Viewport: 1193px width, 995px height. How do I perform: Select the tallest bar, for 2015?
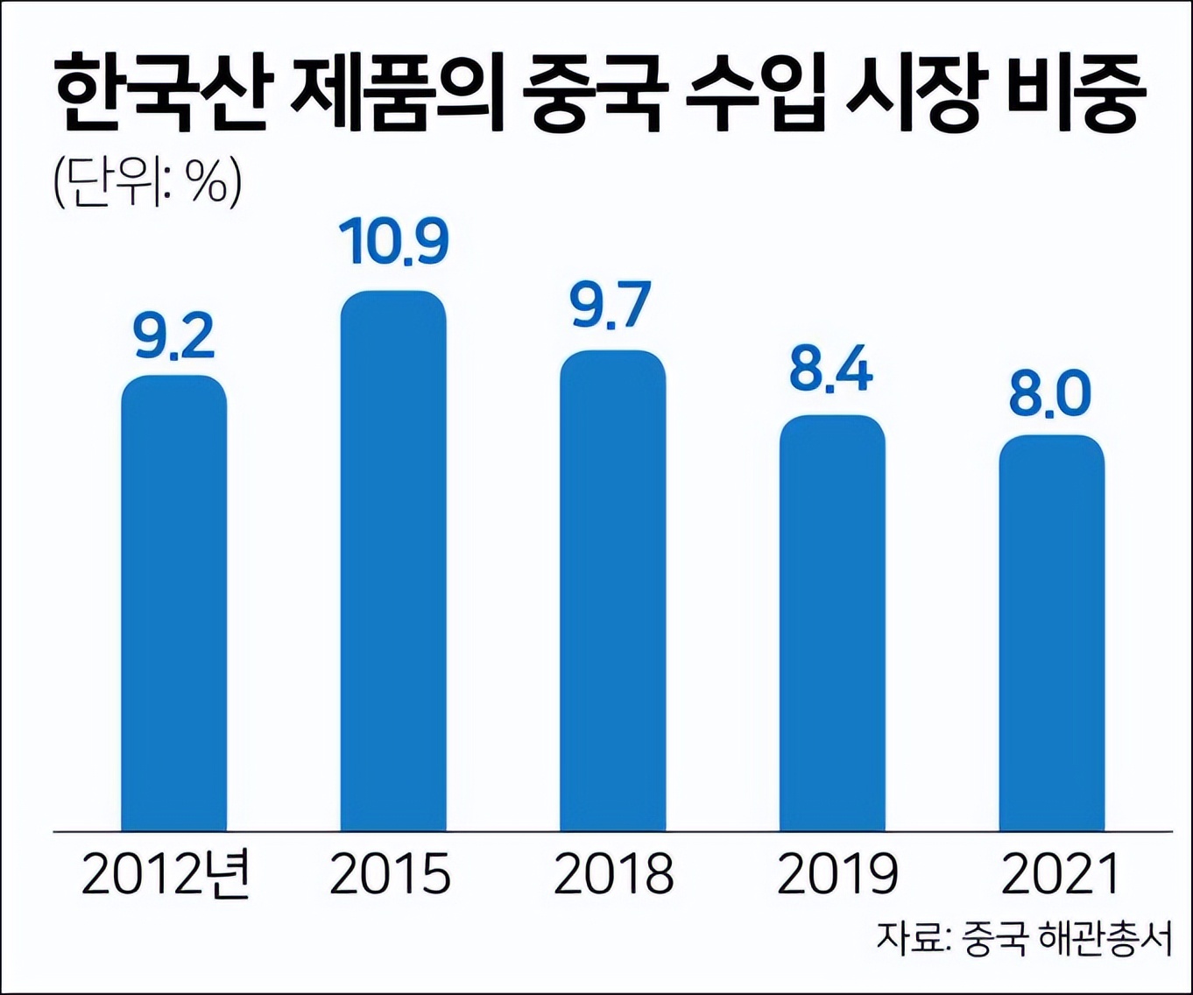pyautogui.click(x=393, y=561)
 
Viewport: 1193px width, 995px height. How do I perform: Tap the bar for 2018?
pyautogui.click(x=613, y=590)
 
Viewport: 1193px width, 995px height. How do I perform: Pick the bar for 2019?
pyautogui.click(x=832, y=623)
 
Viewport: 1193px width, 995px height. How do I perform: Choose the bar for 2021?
pyautogui.click(x=1051, y=632)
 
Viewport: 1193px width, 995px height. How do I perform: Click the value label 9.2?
pyautogui.click(x=174, y=338)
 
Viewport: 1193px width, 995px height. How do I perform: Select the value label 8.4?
pyautogui.click(x=830, y=370)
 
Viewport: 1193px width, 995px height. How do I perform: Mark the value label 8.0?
pyautogui.click(x=1049, y=394)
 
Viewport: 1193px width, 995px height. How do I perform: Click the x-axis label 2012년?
pyautogui.click(x=166, y=874)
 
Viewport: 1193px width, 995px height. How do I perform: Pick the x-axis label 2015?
pyautogui.click(x=390, y=874)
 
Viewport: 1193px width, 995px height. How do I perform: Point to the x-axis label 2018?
pyautogui.click(x=613, y=874)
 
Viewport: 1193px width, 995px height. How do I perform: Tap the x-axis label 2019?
pyautogui.click(x=837, y=874)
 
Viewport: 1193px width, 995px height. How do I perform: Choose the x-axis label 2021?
pyautogui.click(x=1060, y=874)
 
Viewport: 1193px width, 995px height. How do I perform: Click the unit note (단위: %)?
pyautogui.click(x=147, y=183)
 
